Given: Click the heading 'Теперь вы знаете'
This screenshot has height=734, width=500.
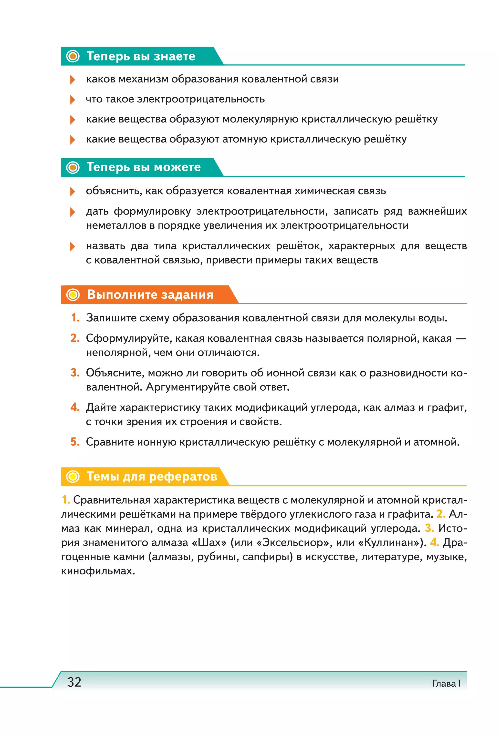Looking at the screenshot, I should pyautogui.click(x=141, y=56).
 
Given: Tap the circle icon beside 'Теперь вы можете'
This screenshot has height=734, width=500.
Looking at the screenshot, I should pyautogui.click(x=73, y=167).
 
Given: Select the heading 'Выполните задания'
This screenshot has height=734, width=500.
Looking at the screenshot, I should pyautogui.click(x=150, y=295).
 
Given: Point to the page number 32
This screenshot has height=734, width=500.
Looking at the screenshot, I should pyautogui.click(x=74, y=682).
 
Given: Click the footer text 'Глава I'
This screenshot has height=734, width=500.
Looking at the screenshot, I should pyautogui.click(x=446, y=683).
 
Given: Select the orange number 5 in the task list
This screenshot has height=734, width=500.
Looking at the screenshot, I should pyautogui.click(x=75, y=442).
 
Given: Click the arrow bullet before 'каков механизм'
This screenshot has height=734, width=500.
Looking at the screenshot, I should pyautogui.click(x=72, y=80).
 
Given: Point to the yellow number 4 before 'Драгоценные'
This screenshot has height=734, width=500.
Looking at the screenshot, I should pyautogui.click(x=434, y=542).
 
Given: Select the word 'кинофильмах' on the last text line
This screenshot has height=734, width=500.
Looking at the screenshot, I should pyautogui.click(x=98, y=571).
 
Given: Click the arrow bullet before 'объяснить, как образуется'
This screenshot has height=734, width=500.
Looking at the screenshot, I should pyautogui.click(x=72, y=191).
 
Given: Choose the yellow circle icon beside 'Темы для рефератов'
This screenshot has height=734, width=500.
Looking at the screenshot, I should pyautogui.click(x=73, y=477).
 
